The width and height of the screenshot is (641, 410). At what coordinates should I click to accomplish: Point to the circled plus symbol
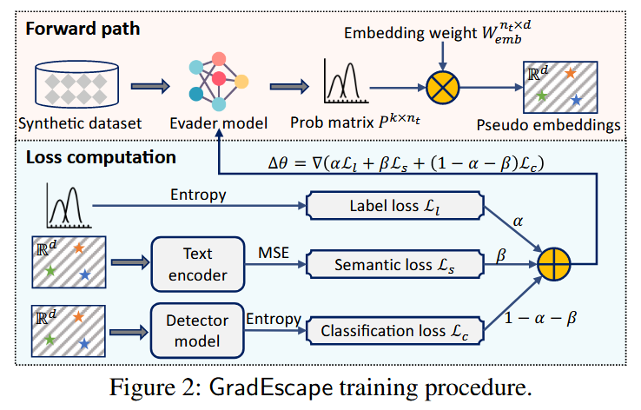pyautogui.click(x=557, y=264)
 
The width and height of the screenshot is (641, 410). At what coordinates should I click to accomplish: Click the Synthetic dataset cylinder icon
pyautogui.click(x=79, y=85)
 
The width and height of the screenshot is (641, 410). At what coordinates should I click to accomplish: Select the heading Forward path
pyautogui.click(x=83, y=28)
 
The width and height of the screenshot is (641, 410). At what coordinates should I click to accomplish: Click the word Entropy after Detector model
pyautogui.click(x=273, y=319)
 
